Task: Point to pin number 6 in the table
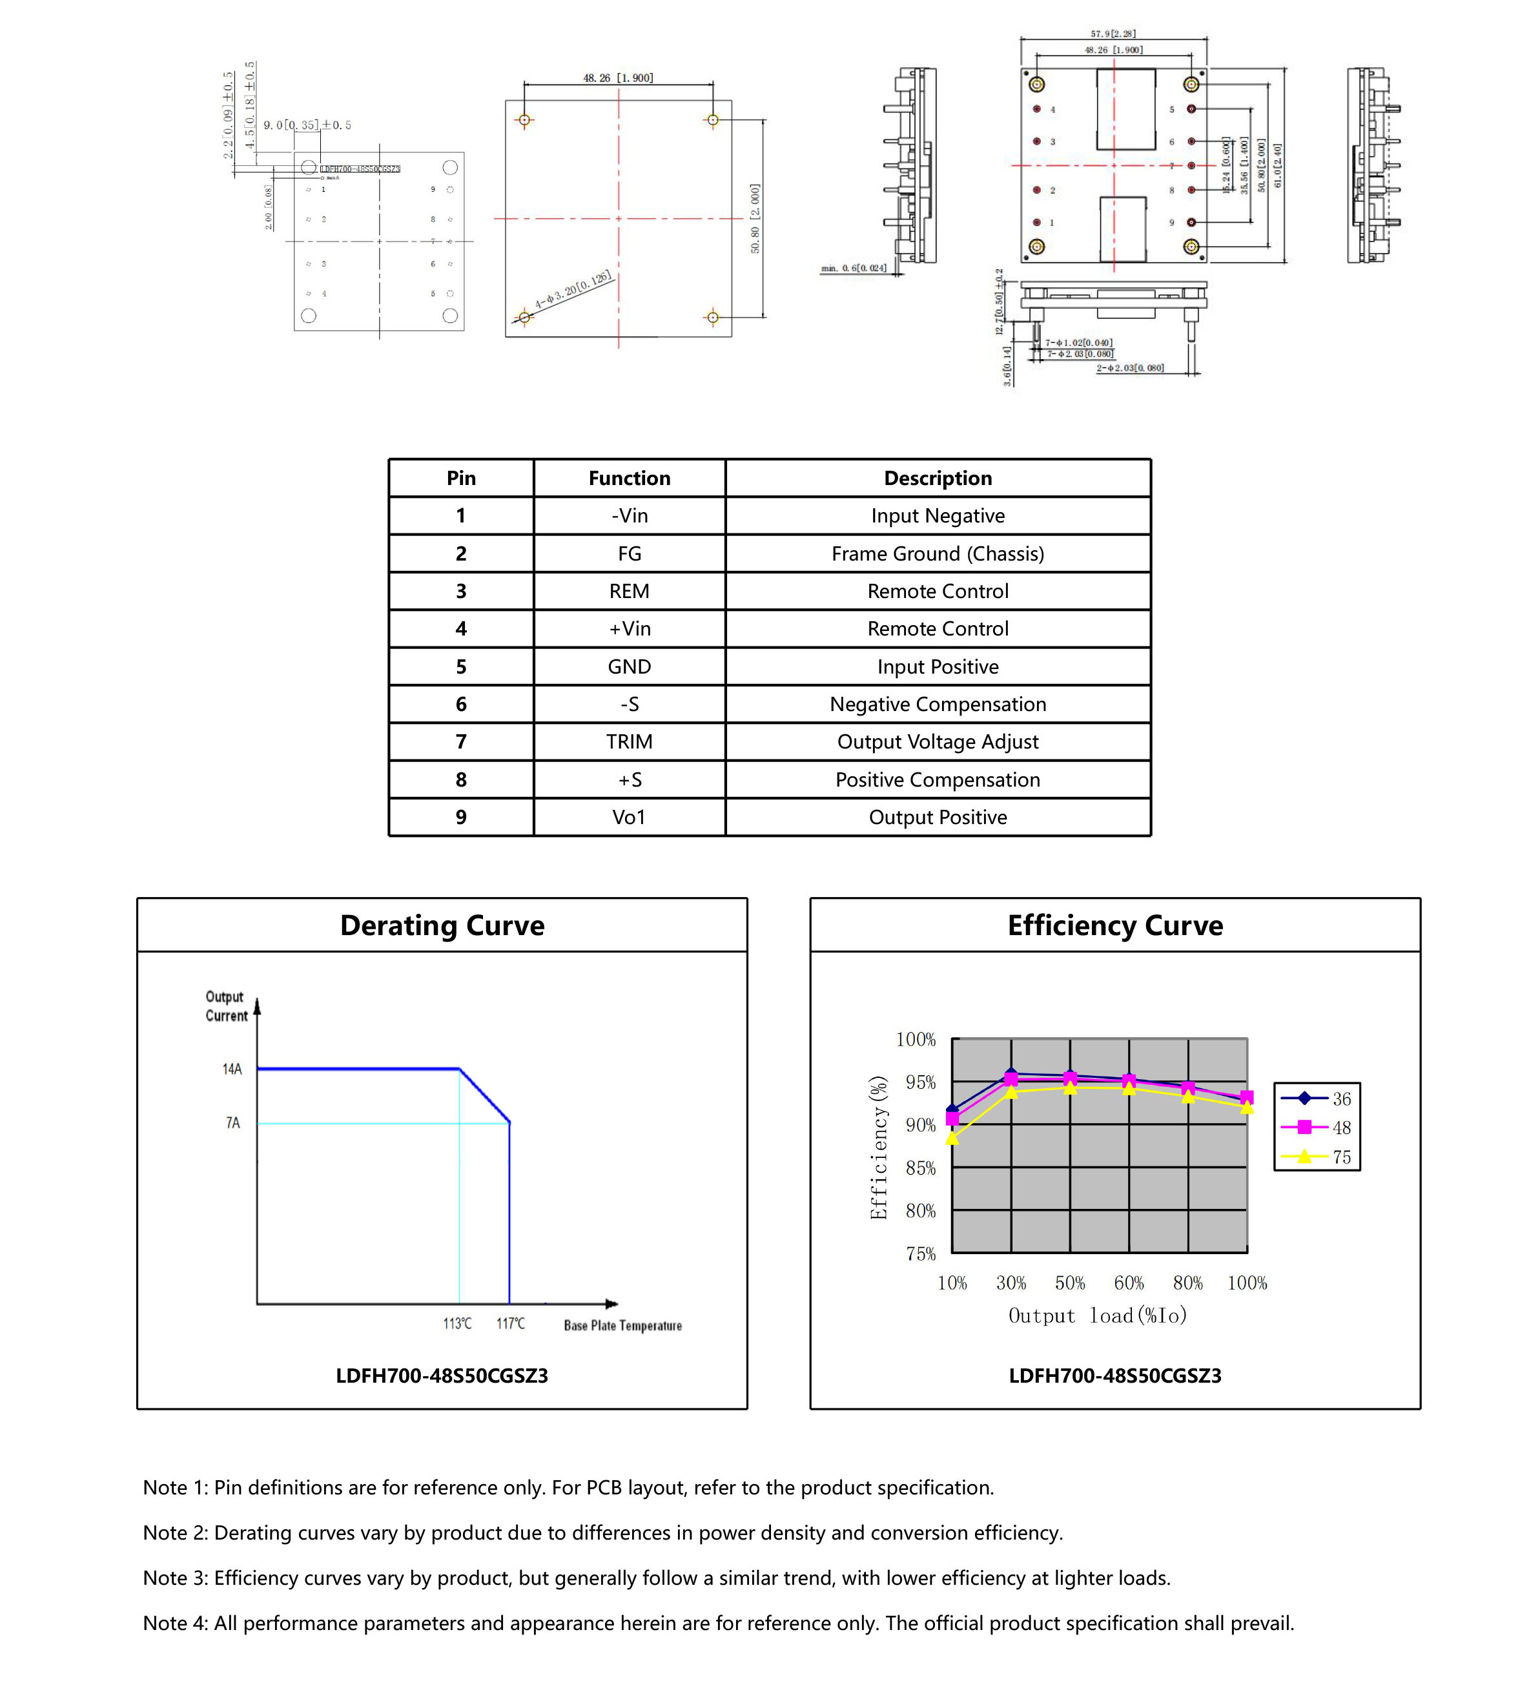(x=461, y=703)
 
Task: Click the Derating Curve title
(x=442, y=925)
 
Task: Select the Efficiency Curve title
(x=1114, y=925)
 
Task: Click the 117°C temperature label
(x=510, y=1323)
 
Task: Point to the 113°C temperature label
(x=457, y=1323)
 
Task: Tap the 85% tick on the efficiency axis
(x=920, y=1168)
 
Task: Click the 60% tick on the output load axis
(x=1128, y=1283)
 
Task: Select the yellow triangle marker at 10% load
(x=952, y=1138)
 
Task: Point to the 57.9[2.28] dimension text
(x=1113, y=34)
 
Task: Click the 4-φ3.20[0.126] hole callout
(x=573, y=291)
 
